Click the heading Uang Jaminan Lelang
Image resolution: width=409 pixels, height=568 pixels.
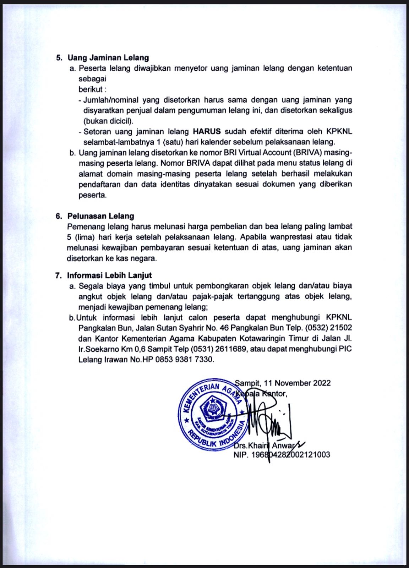click(108, 58)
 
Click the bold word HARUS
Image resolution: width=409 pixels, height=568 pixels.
click(207, 131)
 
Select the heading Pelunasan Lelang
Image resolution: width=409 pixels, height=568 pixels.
click(101, 216)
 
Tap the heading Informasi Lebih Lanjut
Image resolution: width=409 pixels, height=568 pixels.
click(109, 275)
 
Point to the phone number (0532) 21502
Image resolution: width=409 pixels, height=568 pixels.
click(330, 328)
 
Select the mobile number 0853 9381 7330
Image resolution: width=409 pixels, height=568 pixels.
click(184, 360)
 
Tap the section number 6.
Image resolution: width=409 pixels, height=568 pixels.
click(58, 216)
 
